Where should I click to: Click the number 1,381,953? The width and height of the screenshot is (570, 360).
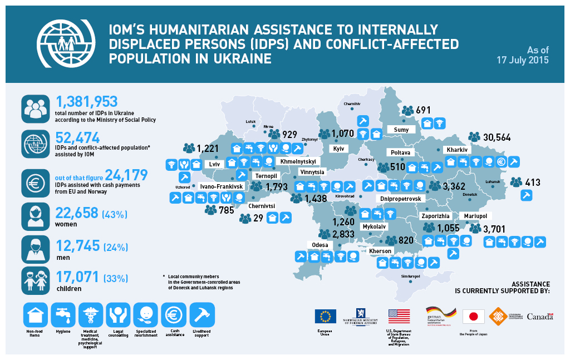(87, 102)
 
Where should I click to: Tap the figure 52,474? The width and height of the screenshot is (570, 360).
(78, 137)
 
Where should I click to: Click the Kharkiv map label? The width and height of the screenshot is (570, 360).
(455, 150)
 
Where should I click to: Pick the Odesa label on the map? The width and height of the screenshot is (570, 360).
(320, 245)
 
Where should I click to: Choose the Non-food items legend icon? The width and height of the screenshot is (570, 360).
(35, 316)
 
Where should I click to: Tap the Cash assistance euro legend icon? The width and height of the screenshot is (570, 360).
(173, 315)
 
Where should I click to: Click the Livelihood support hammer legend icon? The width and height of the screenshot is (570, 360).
(202, 315)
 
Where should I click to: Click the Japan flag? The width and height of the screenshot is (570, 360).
(474, 317)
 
